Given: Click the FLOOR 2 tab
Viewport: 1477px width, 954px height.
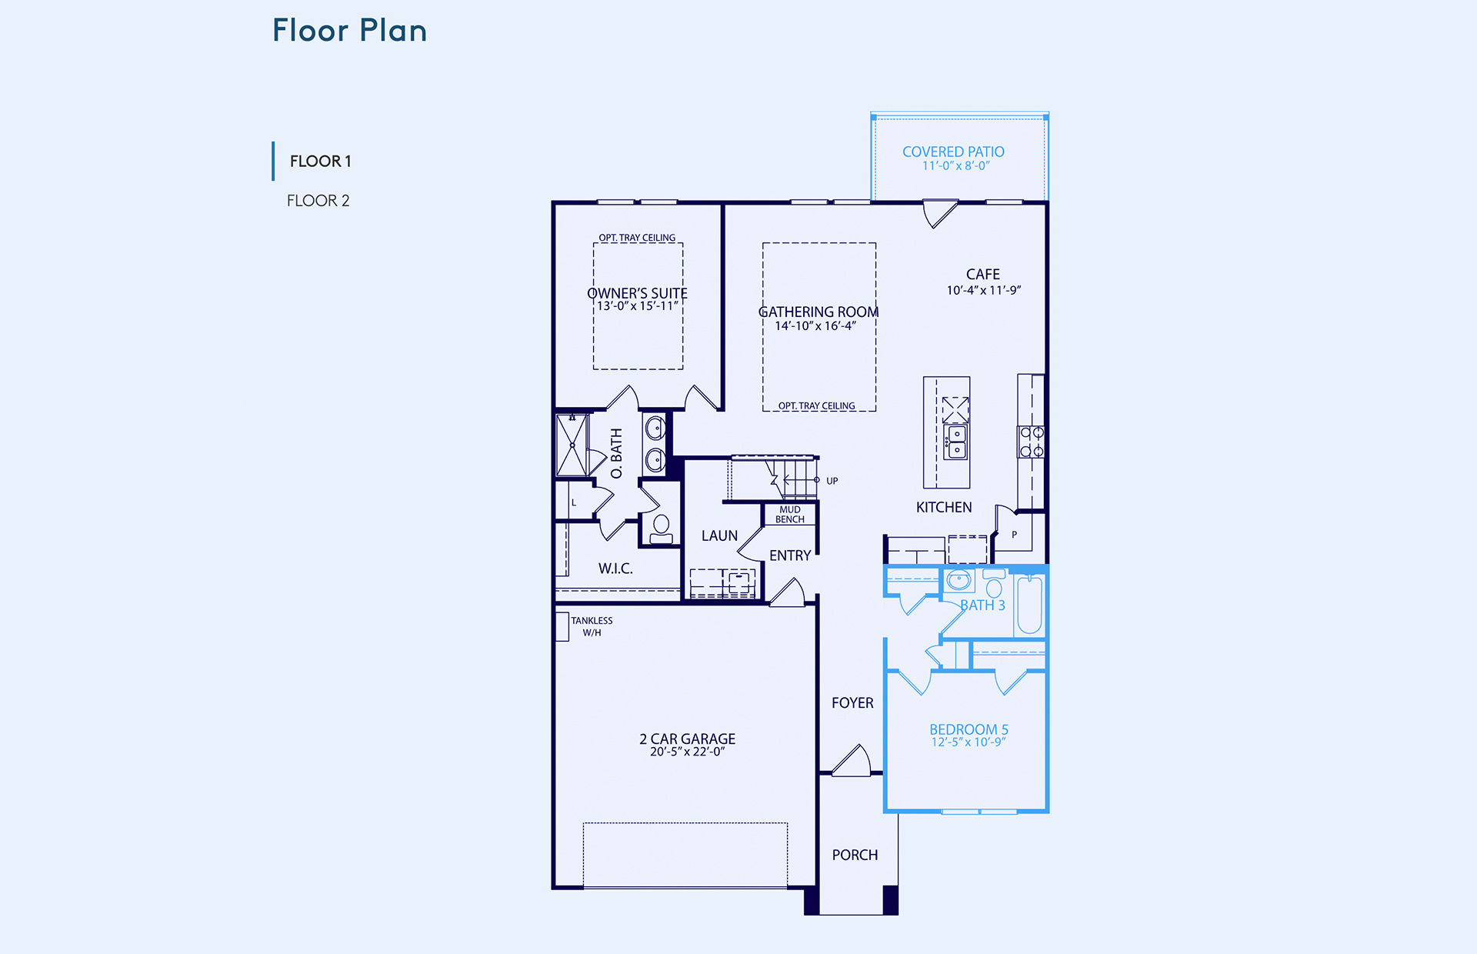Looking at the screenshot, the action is tap(318, 201).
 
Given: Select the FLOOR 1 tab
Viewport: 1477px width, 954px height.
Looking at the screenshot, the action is tap(320, 162).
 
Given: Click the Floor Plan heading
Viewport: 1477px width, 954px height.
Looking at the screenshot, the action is tap(350, 31).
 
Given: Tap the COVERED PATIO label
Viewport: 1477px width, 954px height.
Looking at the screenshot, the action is tap(953, 152).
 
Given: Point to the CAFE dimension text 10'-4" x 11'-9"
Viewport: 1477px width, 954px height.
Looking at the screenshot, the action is tap(983, 290).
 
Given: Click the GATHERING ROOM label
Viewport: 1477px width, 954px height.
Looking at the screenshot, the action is tap(819, 312).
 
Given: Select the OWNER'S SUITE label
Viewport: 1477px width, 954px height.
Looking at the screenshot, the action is tap(637, 293).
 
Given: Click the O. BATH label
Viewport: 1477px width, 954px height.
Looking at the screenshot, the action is tap(616, 453).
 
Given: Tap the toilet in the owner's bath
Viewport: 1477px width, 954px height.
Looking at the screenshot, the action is tap(661, 529).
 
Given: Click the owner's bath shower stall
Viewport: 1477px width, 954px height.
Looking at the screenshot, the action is tap(572, 445).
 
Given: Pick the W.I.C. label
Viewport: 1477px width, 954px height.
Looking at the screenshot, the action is tap(615, 569).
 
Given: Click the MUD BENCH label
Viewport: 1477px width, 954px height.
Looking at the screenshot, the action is tap(790, 515).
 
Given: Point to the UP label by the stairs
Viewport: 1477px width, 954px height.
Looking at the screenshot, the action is tap(832, 481).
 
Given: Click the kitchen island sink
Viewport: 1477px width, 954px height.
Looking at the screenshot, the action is tap(956, 442).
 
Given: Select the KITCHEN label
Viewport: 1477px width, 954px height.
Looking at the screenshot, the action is tap(944, 507).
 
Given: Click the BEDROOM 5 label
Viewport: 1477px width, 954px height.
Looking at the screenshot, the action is tap(969, 729).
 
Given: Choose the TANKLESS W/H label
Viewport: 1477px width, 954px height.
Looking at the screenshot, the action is tap(592, 626).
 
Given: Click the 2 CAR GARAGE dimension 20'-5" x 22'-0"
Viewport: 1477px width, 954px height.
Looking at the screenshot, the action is tap(687, 752).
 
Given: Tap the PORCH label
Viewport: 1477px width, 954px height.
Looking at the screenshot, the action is tap(855, 855).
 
